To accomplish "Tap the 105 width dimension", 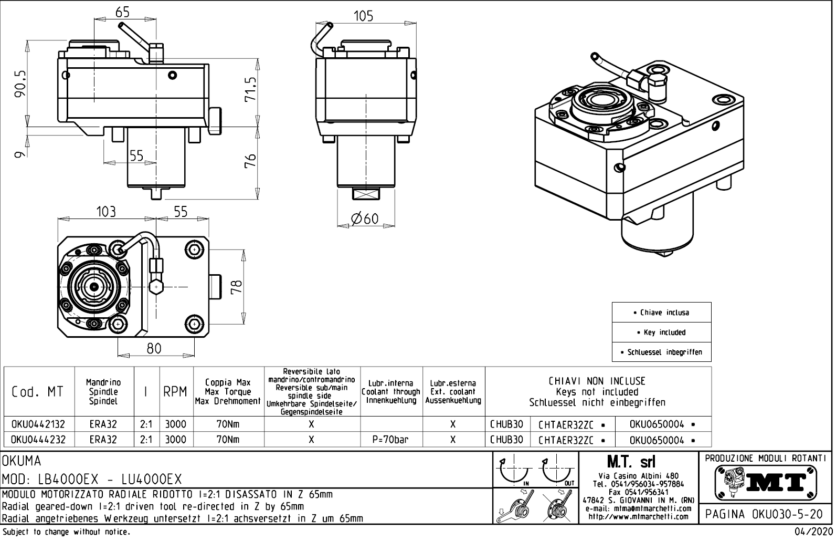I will point(363,16).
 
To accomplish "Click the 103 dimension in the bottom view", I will point(105,212).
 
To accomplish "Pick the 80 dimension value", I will point(154,348).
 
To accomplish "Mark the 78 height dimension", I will point(237,286).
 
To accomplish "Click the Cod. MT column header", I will point(37,392).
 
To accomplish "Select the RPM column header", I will point(175,392).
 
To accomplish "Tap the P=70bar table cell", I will point(390,440).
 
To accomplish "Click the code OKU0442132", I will point(38,424).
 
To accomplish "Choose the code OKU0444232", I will point(38,440).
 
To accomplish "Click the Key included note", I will point(661,332).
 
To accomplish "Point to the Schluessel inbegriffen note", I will point(661,352).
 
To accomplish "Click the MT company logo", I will point(766,482).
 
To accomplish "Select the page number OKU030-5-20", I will point(766,514).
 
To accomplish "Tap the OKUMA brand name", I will point(22,461).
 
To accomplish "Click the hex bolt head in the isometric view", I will point(658,82).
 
